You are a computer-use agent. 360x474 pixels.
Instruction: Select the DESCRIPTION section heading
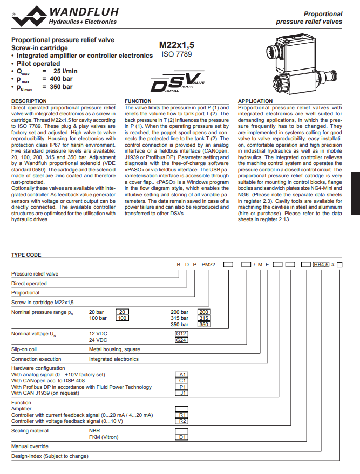(x=29, y=101)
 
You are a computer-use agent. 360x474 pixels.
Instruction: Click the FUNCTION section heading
(x=138, y=101)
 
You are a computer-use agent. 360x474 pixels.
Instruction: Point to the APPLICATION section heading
(x=255, y=101)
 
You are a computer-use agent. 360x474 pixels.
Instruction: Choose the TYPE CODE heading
(x=26, y=255)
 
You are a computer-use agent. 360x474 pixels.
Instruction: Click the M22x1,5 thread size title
(x=176, y=45)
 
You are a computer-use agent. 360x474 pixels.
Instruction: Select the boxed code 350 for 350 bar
(x=203, y=324)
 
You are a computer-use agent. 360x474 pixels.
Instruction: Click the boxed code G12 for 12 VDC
(x=181, y=334)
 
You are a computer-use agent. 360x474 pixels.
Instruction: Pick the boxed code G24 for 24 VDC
(x=181, y=340)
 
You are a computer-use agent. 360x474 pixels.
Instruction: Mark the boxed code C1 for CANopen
(x=182, y=380)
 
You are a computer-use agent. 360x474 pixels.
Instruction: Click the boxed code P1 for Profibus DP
(x=182, y=387)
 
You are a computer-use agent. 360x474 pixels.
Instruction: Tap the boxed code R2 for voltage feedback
(x=182, y=421)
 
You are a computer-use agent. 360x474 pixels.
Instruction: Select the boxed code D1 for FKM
(x=182, y=437)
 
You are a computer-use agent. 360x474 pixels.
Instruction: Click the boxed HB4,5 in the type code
(x=322, y=265)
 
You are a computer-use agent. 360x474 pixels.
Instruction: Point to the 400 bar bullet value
(x=61, y=79)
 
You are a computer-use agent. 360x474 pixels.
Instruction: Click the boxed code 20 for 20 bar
(x=123, y=312)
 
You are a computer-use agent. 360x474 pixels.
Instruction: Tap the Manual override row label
(x=30, y=446)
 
